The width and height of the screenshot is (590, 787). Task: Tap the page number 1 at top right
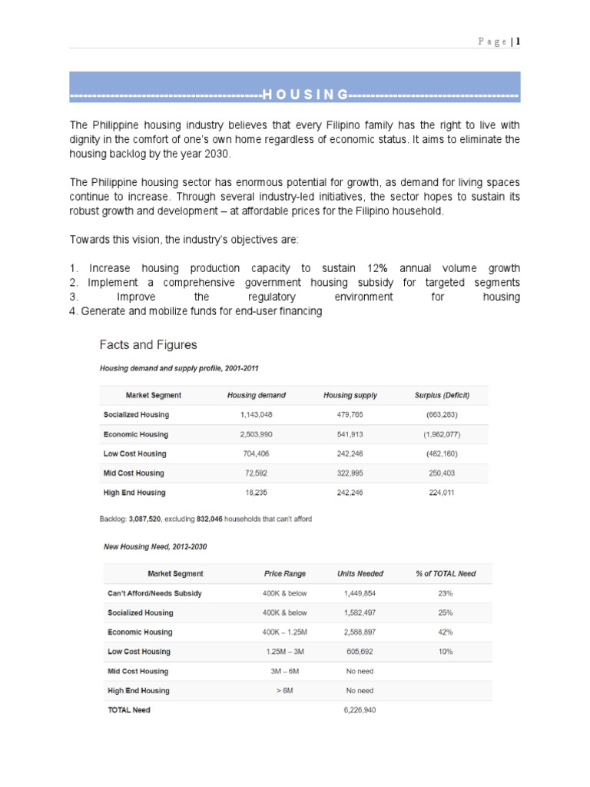click(x=519, y=42)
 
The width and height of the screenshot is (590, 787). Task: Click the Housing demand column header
click(x=257, y=395)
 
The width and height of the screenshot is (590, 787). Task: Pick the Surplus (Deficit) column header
click(x=442, y=395)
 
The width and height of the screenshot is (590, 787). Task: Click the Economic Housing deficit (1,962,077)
click(x=442, y=434)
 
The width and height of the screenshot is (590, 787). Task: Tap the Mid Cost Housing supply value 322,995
click(x=350, y=473)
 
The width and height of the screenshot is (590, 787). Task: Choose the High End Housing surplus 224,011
click(x=442, y=493)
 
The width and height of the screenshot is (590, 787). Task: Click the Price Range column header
click(x=285, y=573)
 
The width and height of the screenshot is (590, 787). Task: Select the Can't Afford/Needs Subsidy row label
click(x=154, y=593)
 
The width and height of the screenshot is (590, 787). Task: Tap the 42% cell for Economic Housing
click(x=446, y=632)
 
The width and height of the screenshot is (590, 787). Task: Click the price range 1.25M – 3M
click(x=285, y=651)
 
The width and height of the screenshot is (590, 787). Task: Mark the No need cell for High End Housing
click(x=360, y=690)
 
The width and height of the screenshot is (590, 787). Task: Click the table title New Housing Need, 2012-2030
click(x=155, y=546)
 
